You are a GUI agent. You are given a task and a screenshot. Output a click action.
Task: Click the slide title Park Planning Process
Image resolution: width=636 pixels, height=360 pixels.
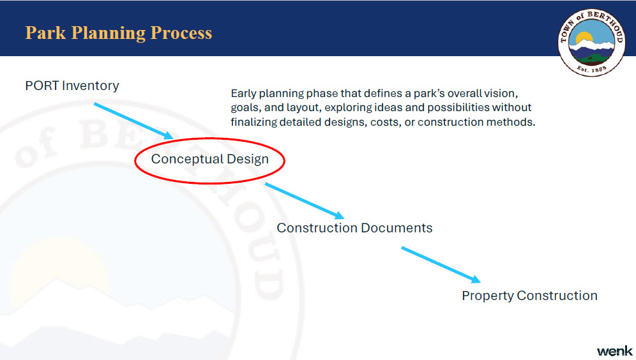(118, 33)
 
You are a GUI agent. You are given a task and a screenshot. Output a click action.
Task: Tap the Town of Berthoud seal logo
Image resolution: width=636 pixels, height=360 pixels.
(591, 43)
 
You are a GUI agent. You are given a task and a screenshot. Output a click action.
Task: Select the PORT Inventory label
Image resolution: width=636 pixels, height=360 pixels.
(72, 86)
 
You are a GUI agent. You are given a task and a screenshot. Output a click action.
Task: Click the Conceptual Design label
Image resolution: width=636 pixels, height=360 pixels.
(209, 159)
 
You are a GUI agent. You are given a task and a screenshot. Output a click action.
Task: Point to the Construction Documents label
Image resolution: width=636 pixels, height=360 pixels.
(354, 228)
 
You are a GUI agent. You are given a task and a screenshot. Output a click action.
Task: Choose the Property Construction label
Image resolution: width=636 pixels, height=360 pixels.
(529, 296)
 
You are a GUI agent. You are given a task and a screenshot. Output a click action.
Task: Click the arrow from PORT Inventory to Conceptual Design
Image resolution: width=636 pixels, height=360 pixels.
(133, 121)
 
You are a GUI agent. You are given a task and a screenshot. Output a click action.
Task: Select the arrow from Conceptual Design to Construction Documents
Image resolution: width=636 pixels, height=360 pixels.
(305, 201)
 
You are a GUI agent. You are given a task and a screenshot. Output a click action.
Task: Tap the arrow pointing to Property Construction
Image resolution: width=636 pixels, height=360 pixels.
(441, 264)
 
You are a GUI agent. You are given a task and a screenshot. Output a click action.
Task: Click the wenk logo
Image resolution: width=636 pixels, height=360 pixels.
(614, 351)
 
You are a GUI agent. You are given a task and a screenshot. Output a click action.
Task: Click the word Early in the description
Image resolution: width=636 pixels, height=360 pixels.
(244, 94)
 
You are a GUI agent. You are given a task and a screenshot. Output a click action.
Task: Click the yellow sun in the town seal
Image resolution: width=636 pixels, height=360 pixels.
(584, 38)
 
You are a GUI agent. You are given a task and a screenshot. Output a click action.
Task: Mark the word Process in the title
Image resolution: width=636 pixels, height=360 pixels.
(181, 33)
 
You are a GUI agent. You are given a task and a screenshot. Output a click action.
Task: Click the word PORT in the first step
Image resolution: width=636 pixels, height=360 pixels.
(42, 86)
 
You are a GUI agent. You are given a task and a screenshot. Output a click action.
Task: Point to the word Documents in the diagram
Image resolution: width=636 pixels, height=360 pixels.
(397, 228)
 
